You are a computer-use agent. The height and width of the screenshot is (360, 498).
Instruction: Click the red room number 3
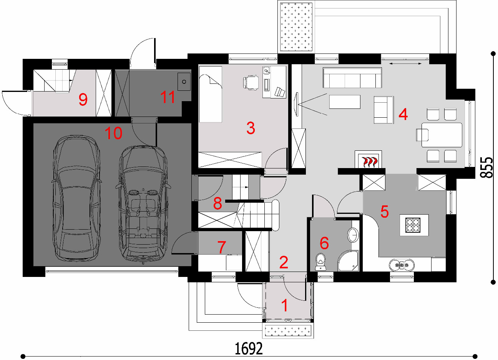[251, 128]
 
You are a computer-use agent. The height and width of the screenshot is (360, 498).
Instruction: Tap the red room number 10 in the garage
[113, 133]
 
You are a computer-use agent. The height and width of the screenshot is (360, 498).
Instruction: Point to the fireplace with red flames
[368, 159]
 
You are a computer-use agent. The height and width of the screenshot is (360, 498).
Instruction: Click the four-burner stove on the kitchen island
[413, 225]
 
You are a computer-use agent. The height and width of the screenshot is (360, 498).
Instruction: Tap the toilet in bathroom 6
[320, 262]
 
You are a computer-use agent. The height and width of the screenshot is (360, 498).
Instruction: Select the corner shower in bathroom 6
[348, 260]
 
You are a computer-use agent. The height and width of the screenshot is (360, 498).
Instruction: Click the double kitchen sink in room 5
[402, 265]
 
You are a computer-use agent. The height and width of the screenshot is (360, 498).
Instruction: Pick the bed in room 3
[211, 94]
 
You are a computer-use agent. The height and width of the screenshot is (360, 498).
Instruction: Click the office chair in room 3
[251, 83]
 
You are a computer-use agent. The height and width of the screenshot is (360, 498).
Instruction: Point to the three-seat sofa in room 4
[352, 78]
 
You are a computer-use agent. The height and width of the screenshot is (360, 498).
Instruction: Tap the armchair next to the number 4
[384, 110]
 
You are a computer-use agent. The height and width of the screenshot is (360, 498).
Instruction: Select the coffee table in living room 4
[345, 102]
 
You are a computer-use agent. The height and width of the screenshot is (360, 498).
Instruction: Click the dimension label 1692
[249, 348]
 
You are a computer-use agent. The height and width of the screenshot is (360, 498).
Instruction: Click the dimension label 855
[486, 167]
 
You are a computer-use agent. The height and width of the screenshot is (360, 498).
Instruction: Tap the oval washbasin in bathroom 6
[353, 235]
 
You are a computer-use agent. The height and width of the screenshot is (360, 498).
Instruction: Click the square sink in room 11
[184, 82]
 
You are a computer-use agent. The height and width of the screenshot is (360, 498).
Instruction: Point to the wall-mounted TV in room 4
[296, 104]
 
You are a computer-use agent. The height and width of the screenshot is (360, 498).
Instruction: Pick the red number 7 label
[221, 247]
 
